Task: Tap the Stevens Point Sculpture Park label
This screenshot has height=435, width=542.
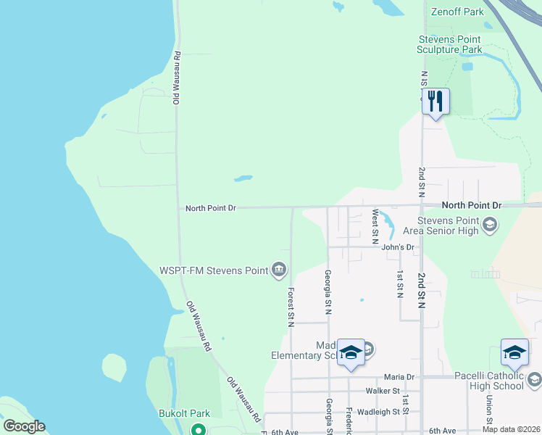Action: pyautogui.click(x=449, y=45)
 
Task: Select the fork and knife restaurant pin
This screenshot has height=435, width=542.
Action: pyautogui.click(x=435, y=101)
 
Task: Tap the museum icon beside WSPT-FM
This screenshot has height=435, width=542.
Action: pyautogui.click(x=278, y=271)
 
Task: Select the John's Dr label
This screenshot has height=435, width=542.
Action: pyautogui.click(x=398, y=247)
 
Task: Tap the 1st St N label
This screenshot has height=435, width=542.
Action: pyautogui.click(x=399, y=284)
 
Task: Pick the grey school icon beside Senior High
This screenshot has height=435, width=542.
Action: pyautogui.click(x=490, y=225)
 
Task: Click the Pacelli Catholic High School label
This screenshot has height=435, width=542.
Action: pyautogui.click(x=489, y=381)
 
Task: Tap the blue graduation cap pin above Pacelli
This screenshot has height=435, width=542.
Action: pyautogui.click(x=514, y=352)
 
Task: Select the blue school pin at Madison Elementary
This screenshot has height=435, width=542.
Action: pyautogui.click(x=351, y=352)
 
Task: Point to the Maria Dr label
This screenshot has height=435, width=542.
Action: pyautogui.click(x=399, y=377)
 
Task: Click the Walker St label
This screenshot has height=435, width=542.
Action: pyautogui.click(x=383, y=391)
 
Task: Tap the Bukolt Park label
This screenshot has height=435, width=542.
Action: pyautogui.click(x=184, y=414)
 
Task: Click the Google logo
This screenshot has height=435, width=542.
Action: pyautogui.click(x=24, y=426)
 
